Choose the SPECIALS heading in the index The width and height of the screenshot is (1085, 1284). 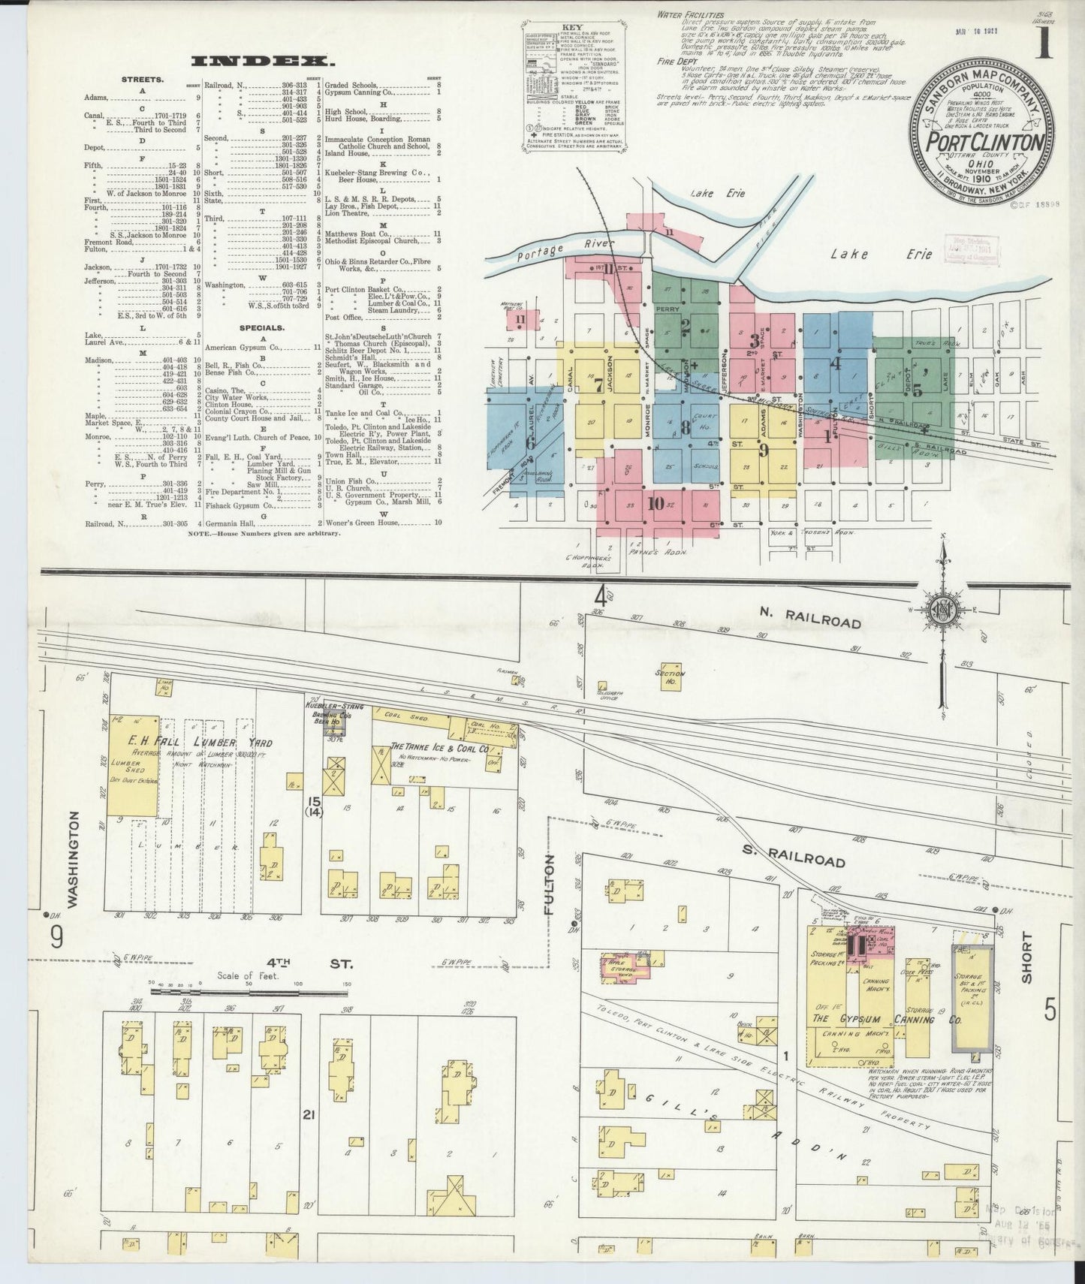click(261, 327)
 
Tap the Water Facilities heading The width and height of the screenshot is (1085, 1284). click(690, 14)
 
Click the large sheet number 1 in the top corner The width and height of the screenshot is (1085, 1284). click(1044, 45)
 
